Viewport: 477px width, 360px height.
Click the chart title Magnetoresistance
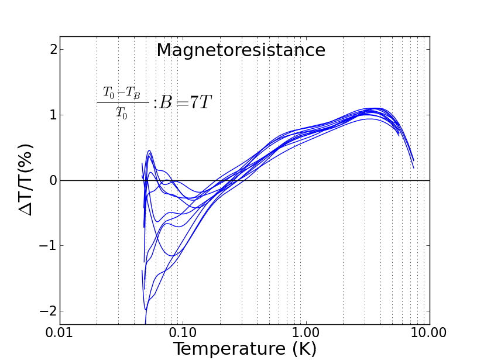241,51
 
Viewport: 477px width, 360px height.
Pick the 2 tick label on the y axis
53,49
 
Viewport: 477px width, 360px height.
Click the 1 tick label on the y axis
53,115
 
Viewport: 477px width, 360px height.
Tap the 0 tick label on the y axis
53,180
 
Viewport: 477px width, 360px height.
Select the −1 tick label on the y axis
49,246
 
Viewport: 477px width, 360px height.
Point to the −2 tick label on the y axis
49,311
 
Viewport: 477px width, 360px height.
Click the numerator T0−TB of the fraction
122,92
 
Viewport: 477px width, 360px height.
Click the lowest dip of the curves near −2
146,308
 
